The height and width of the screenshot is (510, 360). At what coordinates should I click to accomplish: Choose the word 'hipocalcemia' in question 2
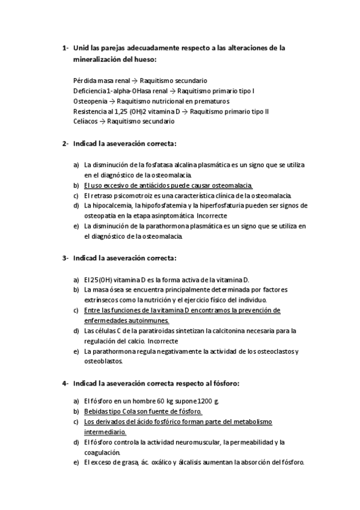(112, 206)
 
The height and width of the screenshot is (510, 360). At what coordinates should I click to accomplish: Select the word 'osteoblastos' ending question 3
(103, 361)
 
